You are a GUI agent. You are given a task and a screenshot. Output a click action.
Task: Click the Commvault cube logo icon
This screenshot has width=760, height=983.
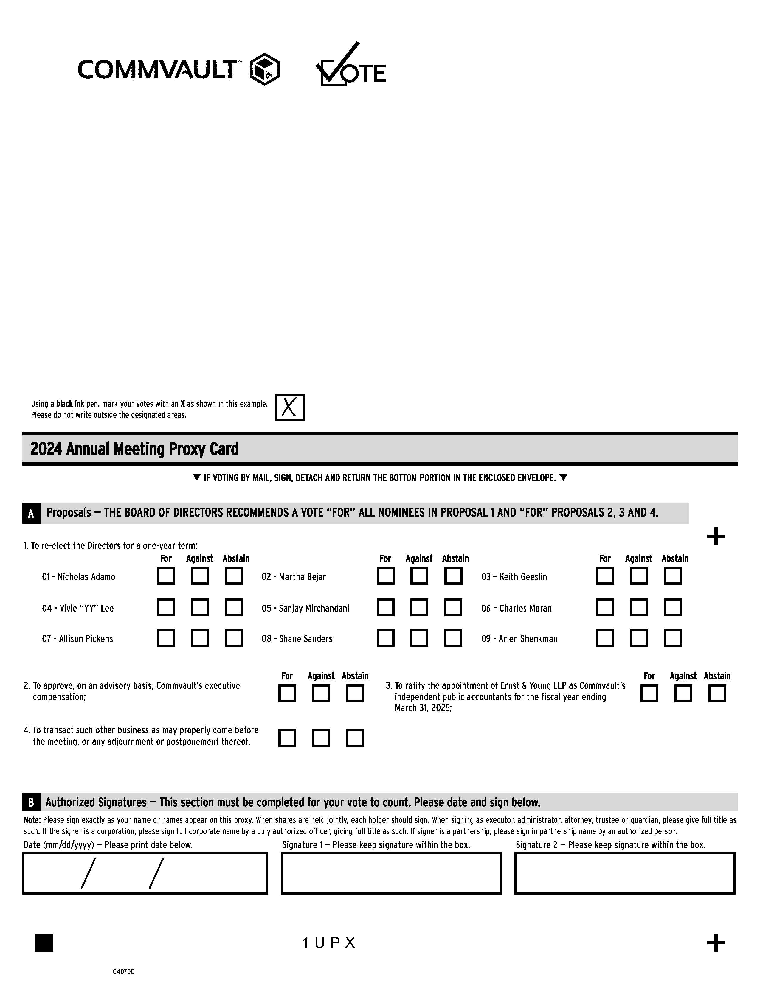(265, 69)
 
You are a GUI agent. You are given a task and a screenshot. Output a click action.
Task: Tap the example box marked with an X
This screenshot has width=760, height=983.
(289, 407)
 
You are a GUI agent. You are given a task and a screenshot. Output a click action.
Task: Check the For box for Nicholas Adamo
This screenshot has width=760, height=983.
(166, 576)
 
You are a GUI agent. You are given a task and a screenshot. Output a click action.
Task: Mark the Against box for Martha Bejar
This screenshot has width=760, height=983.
(419, 576)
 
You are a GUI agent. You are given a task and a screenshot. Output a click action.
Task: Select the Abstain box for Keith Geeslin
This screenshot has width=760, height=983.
(673, 576)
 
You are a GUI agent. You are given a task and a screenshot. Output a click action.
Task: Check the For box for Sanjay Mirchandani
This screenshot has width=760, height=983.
(385, 607)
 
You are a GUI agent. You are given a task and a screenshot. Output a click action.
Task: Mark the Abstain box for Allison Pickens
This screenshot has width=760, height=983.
(234, 638)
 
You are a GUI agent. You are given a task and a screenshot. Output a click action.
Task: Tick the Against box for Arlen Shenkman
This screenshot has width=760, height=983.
(638, 638)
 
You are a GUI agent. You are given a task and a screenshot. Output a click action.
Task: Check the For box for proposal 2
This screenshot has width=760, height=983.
(287, 693)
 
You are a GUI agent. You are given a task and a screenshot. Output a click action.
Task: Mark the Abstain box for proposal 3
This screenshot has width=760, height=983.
(717, 693)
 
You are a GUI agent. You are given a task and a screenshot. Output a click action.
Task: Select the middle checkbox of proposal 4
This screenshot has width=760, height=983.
(321, 738)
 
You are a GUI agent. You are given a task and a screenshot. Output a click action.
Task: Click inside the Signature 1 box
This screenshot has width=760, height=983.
(391, 873)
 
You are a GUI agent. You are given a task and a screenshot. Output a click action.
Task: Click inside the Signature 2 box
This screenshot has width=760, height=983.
(624, 873)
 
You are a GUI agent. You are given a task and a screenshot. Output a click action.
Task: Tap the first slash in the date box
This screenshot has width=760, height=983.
(88, 873)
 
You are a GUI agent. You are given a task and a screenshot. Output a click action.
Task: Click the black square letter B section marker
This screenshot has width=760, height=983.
(31, 802)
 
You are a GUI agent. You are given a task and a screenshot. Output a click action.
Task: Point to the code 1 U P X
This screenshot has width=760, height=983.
(329, 942)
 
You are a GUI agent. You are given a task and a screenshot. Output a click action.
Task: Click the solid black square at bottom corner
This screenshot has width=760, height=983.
(44, 942)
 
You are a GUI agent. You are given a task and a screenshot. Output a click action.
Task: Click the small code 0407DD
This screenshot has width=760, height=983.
(123, 971)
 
